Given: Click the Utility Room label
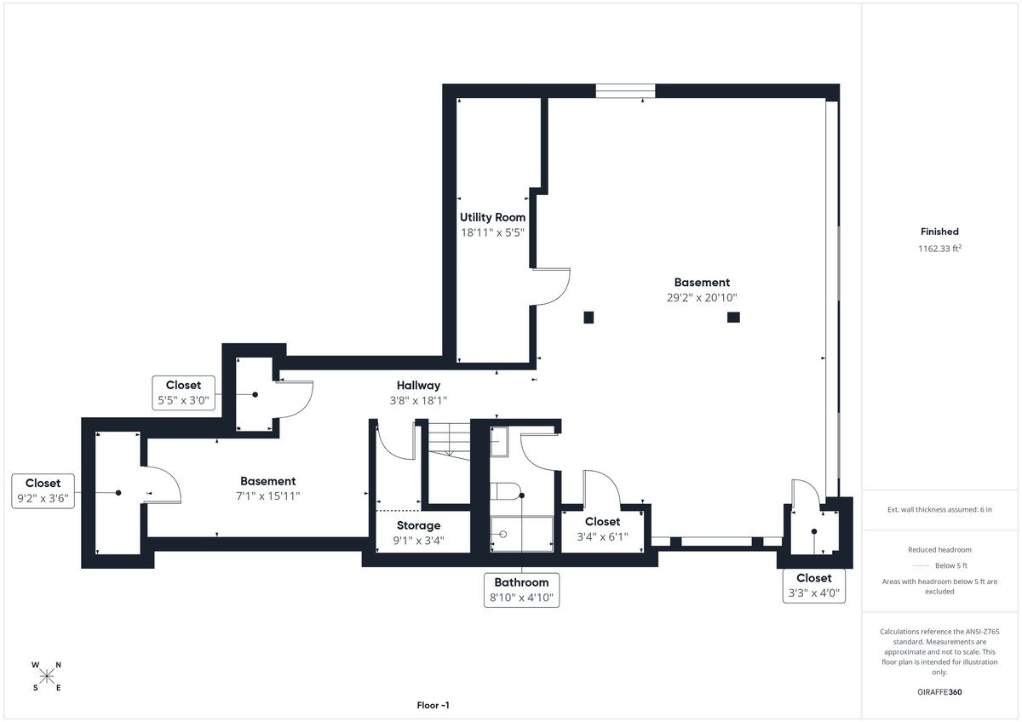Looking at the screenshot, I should (492, 217).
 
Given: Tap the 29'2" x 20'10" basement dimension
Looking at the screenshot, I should (702, 298).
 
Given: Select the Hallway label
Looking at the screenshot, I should (417, 386).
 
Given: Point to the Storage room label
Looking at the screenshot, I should (418, 525).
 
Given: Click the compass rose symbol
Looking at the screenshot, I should (47, 676).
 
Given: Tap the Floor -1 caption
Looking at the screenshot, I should (433, 705).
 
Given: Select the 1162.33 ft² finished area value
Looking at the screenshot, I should (939, 249).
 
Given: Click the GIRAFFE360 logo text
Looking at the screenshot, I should (939, 692).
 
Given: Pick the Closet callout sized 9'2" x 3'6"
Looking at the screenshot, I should (43, 491).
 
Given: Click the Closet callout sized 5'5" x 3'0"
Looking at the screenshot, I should (183, 393).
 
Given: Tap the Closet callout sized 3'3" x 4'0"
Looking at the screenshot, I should (814, 587).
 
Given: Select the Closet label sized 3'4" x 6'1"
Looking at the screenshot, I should (603, 521).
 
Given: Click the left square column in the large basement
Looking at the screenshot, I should (589, 318).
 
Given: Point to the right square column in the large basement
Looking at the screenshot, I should (733, 318).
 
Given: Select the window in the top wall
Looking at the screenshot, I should (625, 90).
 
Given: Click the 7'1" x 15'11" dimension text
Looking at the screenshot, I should (267, 496).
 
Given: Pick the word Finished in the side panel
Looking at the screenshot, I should (939, 232).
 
